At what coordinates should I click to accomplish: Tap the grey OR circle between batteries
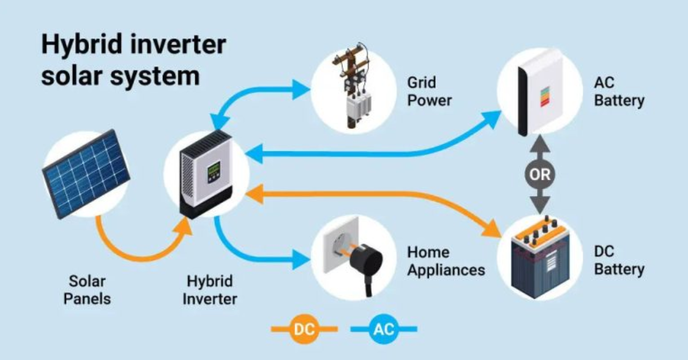(x=540, y=175)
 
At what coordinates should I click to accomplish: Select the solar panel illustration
(x=86, y=173)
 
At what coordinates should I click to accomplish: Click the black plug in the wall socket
(x=365, y=265)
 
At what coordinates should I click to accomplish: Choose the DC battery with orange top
(x=540, y=258)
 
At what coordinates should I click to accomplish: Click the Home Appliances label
(x=446, y=261)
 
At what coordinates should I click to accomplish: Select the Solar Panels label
(x=87, y=290)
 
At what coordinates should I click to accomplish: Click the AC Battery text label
(x=619, y=92)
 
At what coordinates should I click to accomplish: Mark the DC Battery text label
(x=619, y=261)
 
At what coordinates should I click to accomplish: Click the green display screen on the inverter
(x=214, y=169)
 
